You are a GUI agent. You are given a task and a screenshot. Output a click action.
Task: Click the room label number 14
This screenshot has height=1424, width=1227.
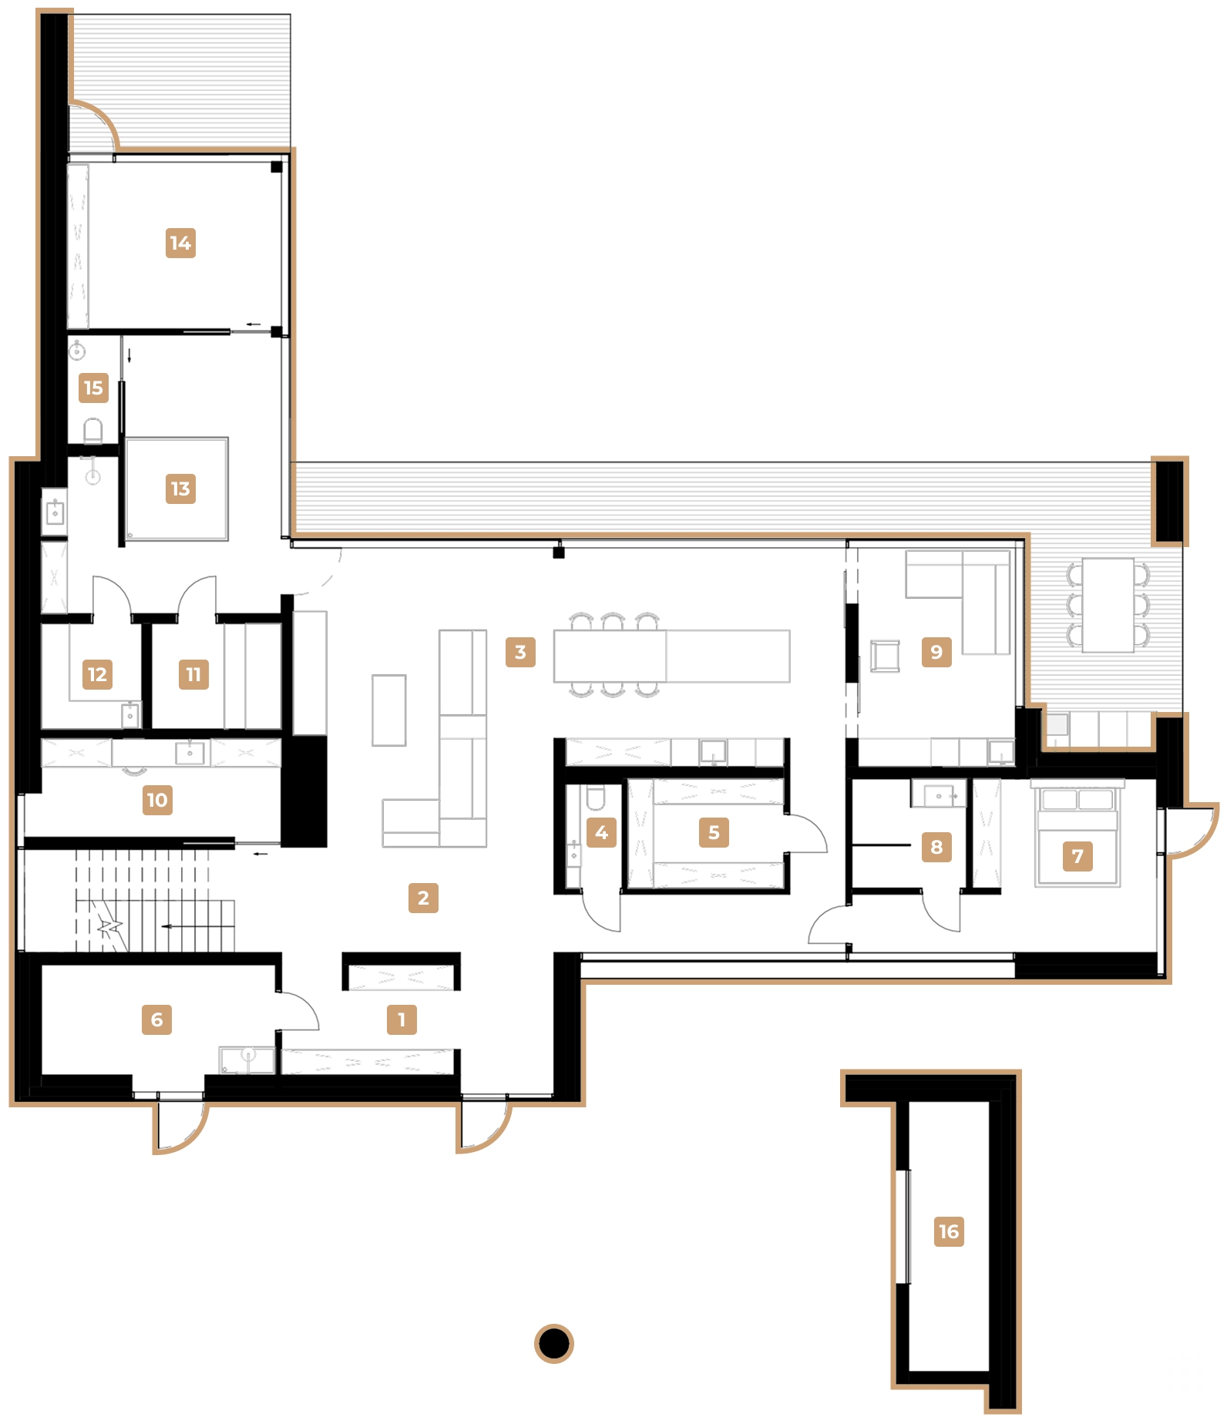180,243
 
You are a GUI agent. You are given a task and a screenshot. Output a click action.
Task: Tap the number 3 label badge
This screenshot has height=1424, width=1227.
520,652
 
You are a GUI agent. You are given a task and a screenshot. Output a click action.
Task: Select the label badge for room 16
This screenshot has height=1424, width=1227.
949,1231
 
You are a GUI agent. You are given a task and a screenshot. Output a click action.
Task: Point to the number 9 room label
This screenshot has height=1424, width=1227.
936,652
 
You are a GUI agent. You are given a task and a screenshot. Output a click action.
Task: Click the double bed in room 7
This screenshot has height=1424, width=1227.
1077,836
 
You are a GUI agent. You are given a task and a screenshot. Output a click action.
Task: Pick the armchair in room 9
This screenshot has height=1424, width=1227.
885,657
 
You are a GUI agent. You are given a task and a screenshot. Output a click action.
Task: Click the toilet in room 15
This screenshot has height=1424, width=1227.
93,432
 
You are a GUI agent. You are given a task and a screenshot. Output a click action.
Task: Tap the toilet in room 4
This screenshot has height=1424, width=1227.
596,798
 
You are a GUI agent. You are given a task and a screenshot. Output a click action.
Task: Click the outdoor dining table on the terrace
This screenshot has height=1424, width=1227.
1108,605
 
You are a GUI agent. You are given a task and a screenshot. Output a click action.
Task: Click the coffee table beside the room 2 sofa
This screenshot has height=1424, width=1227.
389,710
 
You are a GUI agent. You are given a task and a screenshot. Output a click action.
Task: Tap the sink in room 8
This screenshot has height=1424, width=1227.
938,794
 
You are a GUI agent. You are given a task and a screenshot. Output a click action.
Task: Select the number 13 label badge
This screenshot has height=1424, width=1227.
180,489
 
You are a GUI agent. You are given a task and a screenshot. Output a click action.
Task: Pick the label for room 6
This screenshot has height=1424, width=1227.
156,1019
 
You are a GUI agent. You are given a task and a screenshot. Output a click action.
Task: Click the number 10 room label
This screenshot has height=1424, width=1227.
157,800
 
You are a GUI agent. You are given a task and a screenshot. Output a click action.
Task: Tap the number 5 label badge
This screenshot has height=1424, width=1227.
714,832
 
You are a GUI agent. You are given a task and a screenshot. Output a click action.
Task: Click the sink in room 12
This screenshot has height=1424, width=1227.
131,715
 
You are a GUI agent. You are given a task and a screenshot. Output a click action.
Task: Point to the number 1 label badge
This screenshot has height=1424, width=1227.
402,1019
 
